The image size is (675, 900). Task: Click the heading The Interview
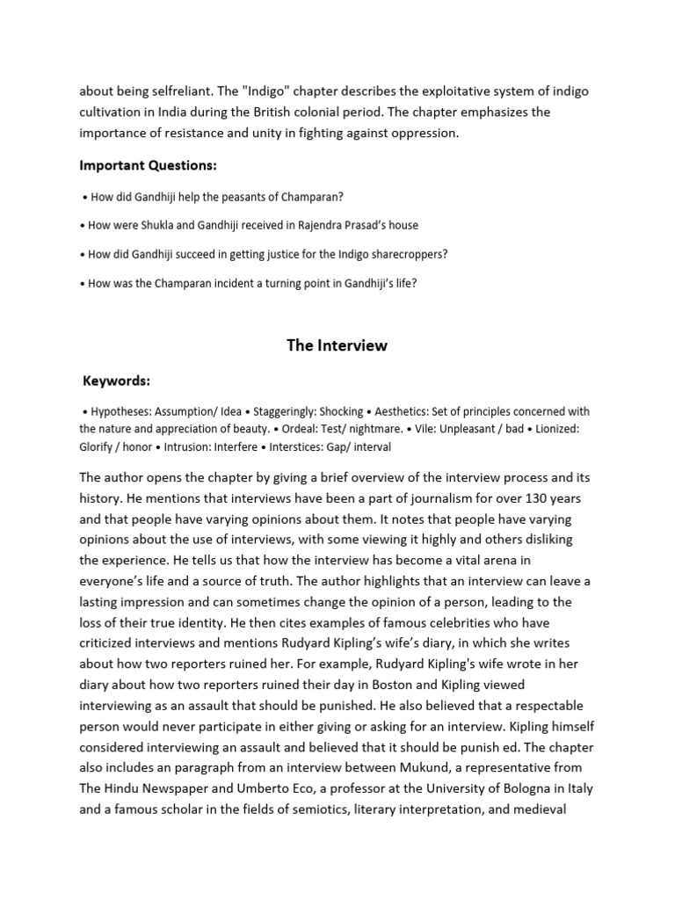tap(337, 345)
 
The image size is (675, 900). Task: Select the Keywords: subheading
tap(116, 381)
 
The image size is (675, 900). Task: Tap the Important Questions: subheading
tap(148, 165)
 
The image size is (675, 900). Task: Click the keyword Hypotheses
tap(120, 411)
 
